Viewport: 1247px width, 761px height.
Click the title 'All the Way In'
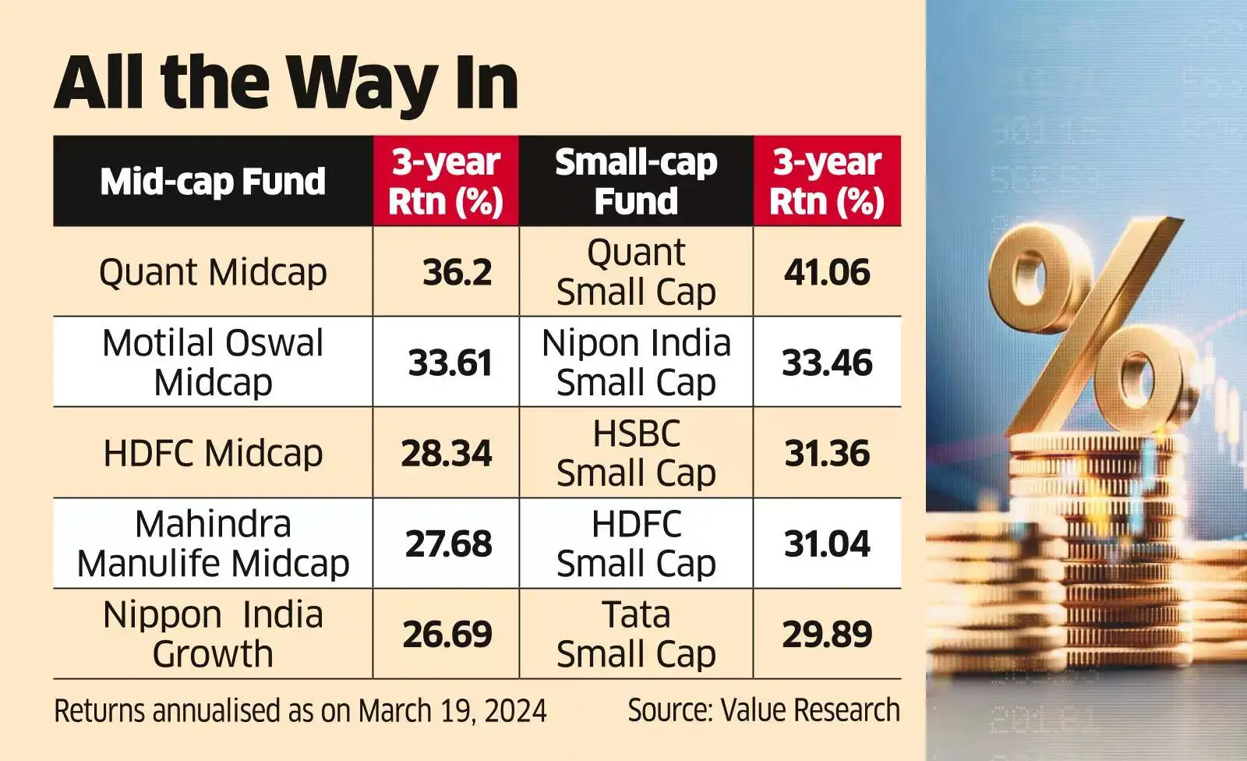(x=286, y=83)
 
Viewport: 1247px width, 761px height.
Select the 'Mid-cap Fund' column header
(x=213, y=182)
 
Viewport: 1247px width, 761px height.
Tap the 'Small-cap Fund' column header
(x=636, y=182)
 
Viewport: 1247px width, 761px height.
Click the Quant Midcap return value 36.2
(x=457, y=272)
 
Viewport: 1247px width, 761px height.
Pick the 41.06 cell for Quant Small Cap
(x=827, y=272)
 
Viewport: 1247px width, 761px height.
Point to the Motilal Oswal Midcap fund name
(x=213, y=363)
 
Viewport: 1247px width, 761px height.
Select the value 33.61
(x=450, y=363)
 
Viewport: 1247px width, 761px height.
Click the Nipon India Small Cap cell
(x=636, y=363)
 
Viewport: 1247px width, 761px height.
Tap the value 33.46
(x=827, y=363)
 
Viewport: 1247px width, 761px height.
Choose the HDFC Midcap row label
(x=213, y=453)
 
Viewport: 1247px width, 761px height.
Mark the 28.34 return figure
(x=447, y=454)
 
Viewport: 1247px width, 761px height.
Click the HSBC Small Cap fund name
(x=636, y=453)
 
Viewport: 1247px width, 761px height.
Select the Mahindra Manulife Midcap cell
(x=213, y=543)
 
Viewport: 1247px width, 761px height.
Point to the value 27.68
(x=448, y=544)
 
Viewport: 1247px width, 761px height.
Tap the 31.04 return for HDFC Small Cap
(x=827, y=544)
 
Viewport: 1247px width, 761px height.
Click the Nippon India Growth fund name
(x=213, y=634)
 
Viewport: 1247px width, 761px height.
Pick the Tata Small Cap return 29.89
(x=827, y=635)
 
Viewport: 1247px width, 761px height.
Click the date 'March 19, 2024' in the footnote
(x=452, y=711)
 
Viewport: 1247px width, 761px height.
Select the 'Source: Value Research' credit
(x=764, y=710)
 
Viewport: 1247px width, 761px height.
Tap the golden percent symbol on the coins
(x=1091, y=327)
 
